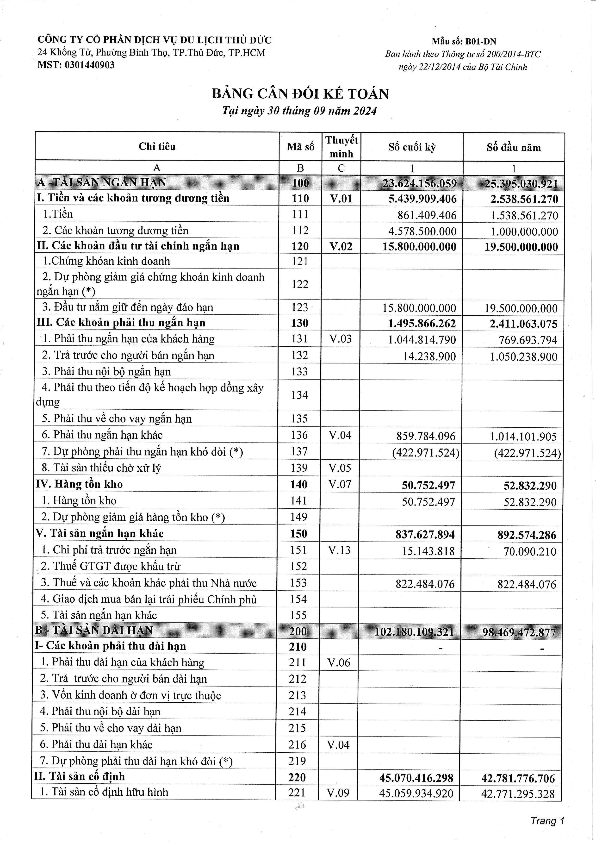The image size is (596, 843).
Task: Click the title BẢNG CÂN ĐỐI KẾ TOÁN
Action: pyautogui.click(x=300, y=94)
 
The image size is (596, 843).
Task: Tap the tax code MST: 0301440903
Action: pyautogui.click(x=76, y=65)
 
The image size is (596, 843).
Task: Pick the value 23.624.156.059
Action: pyautogui.click(x=419, y=183)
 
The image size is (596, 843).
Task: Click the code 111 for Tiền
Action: pyautogui.click(x=300, y=214)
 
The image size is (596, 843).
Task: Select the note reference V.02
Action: pyautogui.click(x=341, y=246)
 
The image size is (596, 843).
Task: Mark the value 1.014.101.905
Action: pyautogui.click(x=523, y=437)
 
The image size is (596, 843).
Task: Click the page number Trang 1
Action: pyautogui.click(x=547, y=821)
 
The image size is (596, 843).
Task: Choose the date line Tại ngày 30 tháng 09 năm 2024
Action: pyautogui.click(x=299, y=111)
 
